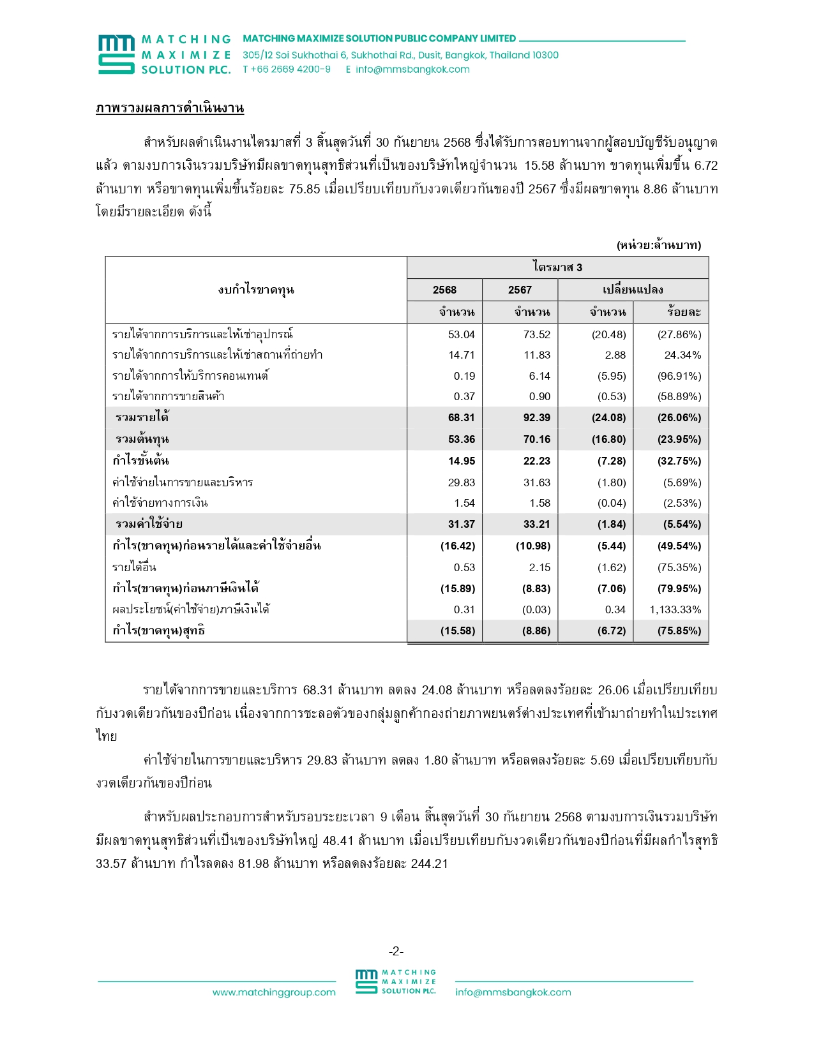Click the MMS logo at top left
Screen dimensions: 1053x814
click(x=116, y=55)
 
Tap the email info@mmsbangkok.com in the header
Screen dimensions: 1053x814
click(x=412, y=70)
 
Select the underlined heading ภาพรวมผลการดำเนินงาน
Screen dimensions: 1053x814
click(x=170, y=108)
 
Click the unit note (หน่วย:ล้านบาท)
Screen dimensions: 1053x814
click(x=659, y=245)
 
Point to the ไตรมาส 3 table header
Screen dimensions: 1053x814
click(x=557, y=267)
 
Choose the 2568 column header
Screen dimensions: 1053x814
click(x=444, y=290)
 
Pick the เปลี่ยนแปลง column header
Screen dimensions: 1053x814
click(x=633, y=290)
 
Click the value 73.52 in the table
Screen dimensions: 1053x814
click(x=537, y=334)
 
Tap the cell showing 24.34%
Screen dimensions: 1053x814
click(x=682, y=355)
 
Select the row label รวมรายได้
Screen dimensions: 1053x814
click(x=142, y=417)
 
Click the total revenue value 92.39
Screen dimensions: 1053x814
click(x=537, y=417)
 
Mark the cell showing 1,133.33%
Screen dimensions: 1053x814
click(x=675, y=609)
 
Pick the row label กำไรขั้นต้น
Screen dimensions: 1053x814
click(x=140, y=461)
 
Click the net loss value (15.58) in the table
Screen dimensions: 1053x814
click(x=458, y=631)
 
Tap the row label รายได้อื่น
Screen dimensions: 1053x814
click(x=134, y=567)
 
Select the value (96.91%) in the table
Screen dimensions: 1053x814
click(x=679, y=376)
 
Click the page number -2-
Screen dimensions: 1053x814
click(x=396, y=952)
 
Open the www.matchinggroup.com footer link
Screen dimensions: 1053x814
click(x=274, y=992)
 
